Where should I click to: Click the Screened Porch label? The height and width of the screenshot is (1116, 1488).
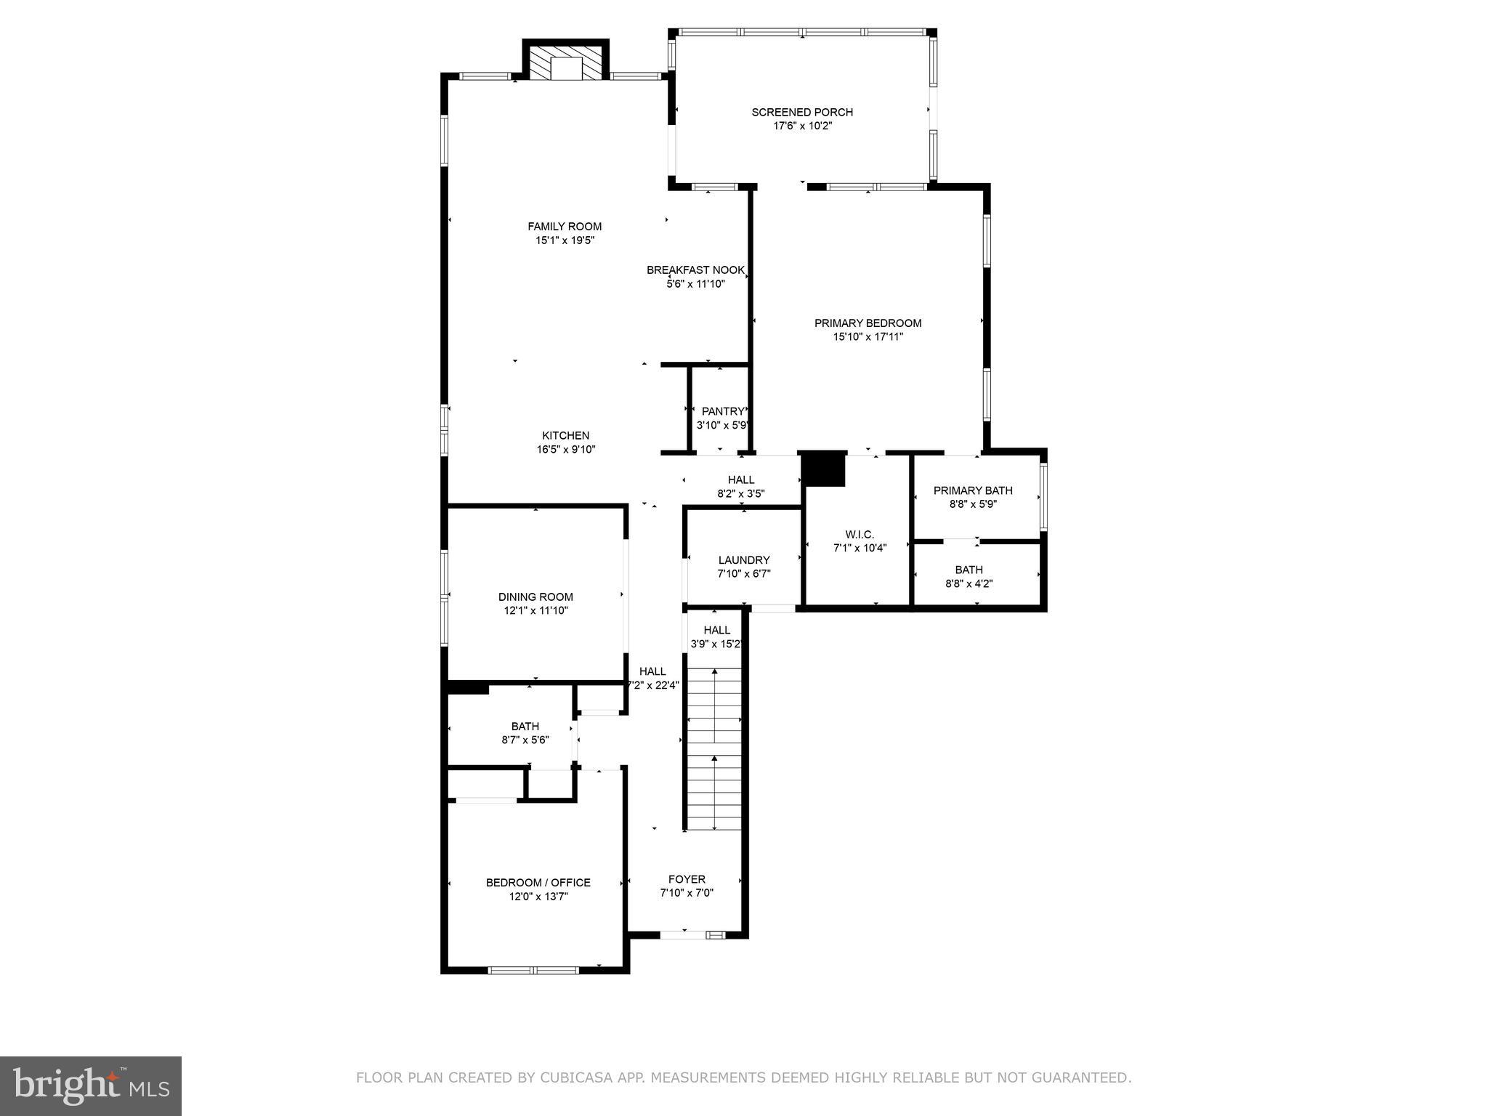pyautogui.click(x=801, y=112)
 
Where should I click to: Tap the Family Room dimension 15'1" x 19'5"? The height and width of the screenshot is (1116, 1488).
pyautogui.click(x=565, y=240)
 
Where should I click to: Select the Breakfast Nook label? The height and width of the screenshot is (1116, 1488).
pyautogui.click(x=695, y=270)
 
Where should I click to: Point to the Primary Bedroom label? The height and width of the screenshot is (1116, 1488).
pyautogui.click(x=868, y=323)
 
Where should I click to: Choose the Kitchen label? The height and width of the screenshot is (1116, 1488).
pyautogui.click(x=565, y=436)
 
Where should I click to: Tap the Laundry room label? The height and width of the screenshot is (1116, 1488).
pyautogui.click(x=743, y=560)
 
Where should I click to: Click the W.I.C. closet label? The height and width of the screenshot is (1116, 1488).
pyautogui.click(x=860, y=535)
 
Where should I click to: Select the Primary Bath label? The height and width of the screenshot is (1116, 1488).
pyautogui.click(x=972, y=490)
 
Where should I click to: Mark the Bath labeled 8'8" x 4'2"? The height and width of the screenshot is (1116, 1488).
pyautogui.click(x=969, y=576)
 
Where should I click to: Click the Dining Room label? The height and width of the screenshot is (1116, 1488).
pyautogui.click(x=535, y=597)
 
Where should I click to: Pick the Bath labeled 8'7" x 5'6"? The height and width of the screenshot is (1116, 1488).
pyautogui.click(x=525, y=732)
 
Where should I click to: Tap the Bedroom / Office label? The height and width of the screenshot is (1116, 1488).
pyautogui.click(x=538, y=883)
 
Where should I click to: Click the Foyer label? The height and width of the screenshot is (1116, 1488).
pyautogui.click(x=687, y=880)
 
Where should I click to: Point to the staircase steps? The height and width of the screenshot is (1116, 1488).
pyautogui.click(x=714, y=748)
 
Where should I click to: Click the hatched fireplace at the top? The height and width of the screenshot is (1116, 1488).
pyautogui.click(x=566, y=63)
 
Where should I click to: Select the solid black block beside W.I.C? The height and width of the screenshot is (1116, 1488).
pyautogui.click(x=823, y=469)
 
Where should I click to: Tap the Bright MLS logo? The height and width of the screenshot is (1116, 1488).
pyautogui.click(x=91, y=1085)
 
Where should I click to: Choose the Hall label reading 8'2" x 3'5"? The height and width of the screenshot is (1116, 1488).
pyautogui.click(x=740, y=480)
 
